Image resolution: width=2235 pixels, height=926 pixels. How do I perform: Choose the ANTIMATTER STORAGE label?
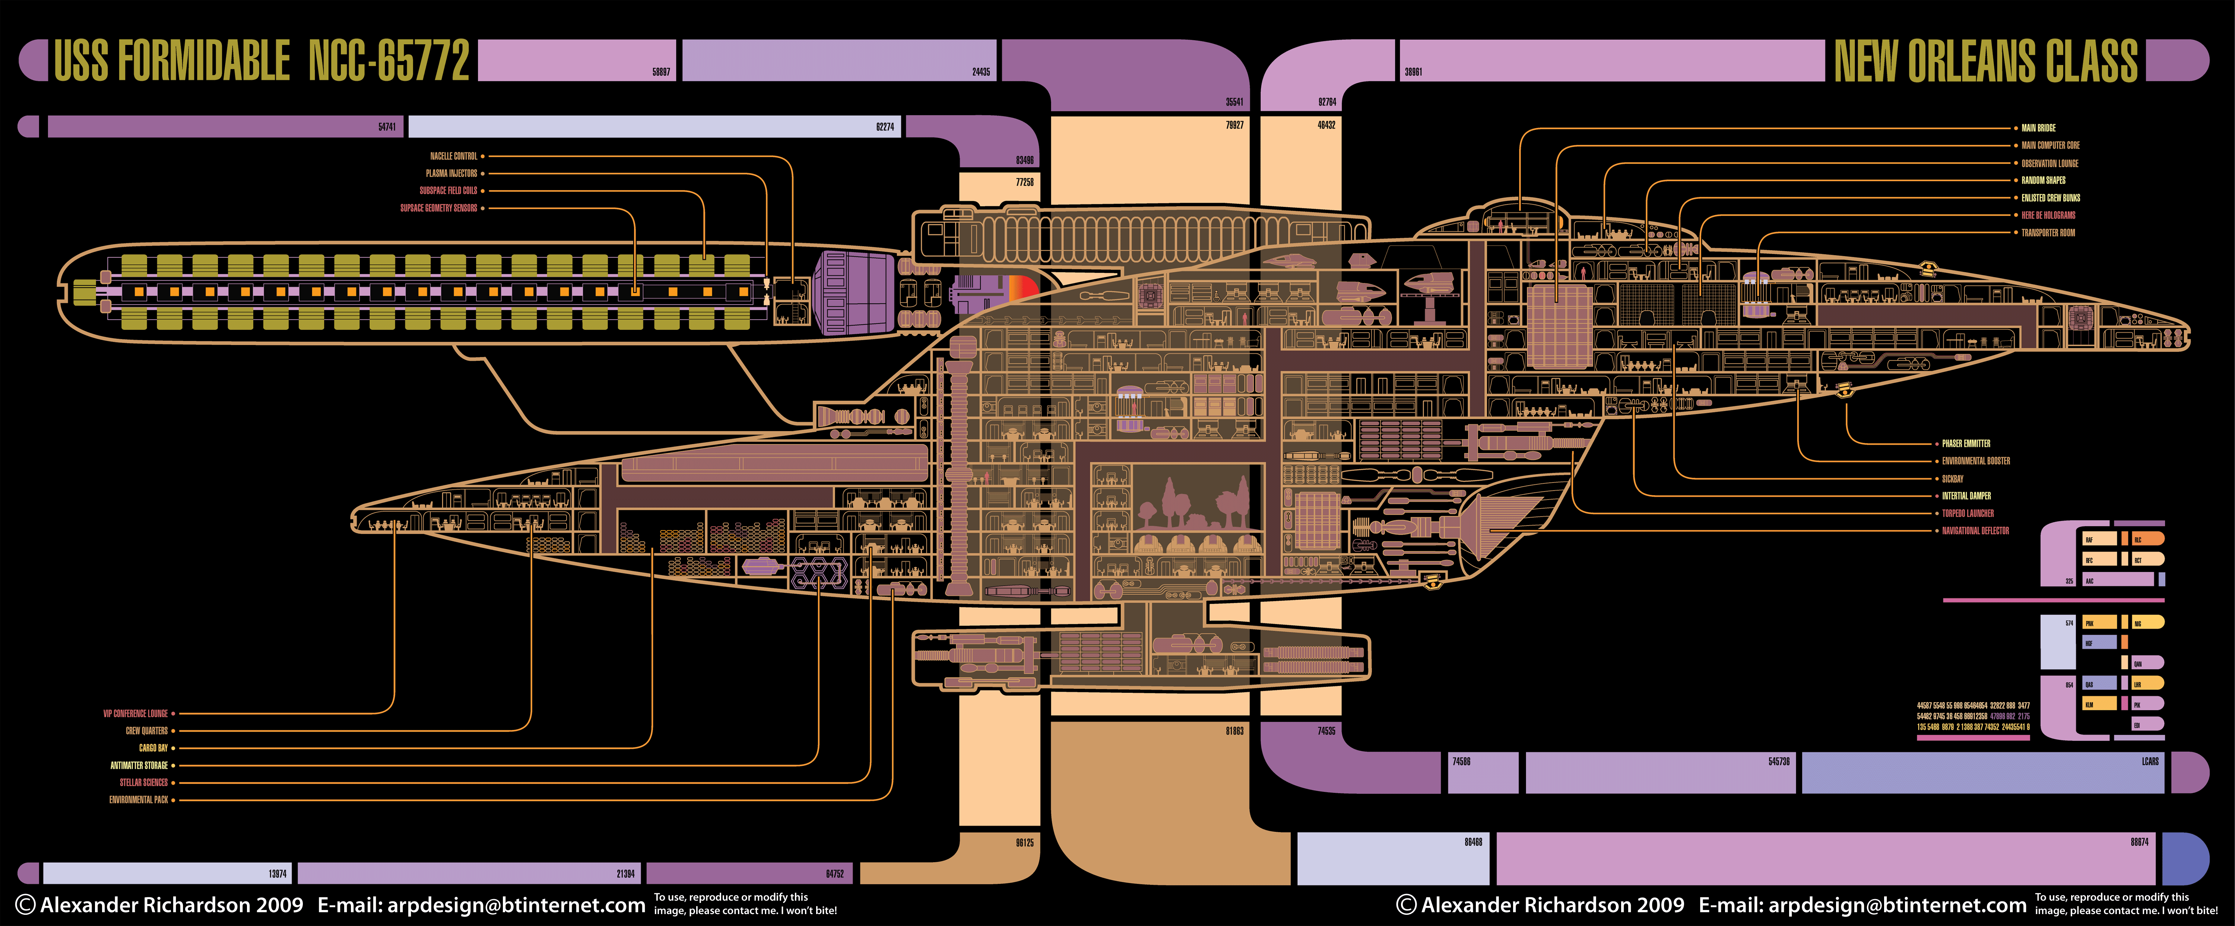tap(139, 765)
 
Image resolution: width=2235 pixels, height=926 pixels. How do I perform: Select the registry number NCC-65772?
tap(389, 61)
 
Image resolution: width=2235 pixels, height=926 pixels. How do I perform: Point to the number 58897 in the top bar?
tap(661, 72)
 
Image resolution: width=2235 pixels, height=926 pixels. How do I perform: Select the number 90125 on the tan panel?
tap(1025, 843)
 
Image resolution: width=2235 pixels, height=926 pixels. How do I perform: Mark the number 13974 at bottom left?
tap(278, 874)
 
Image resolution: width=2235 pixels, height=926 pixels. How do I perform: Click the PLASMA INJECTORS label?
tap(451, 174)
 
